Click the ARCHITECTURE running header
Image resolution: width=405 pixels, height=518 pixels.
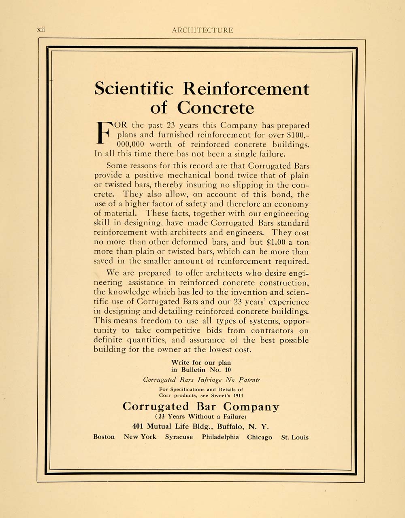(202, 30)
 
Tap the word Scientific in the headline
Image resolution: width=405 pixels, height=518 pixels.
(134, 89)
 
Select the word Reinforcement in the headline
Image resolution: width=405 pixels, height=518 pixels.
(246, 89)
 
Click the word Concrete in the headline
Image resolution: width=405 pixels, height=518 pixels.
(215, 108)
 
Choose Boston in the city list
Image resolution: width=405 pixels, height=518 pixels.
(104, 437)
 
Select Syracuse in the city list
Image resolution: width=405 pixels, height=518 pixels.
(179, 437)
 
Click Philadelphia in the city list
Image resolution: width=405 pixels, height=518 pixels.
(220, 437)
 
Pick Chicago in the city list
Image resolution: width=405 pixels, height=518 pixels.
(260, 437)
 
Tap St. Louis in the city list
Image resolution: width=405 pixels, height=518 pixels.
(295, 437)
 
